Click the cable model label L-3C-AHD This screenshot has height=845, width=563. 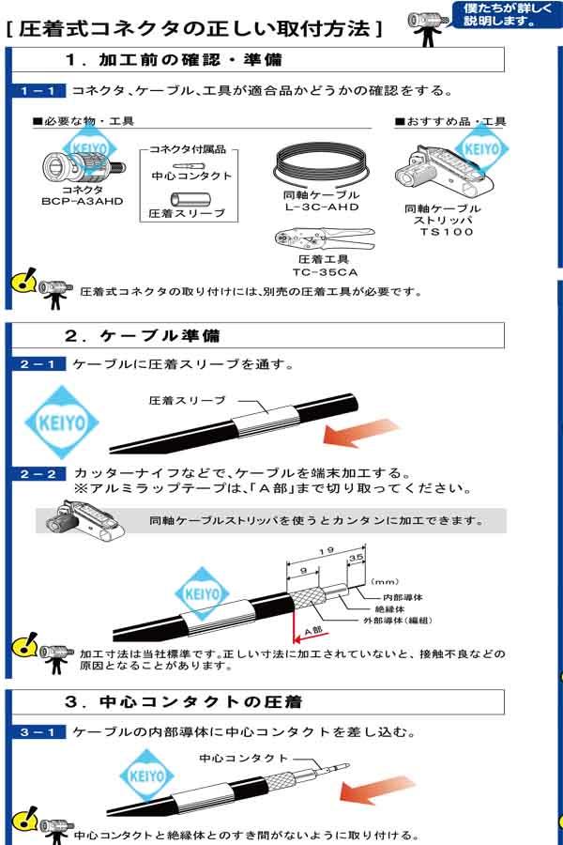[x=321, y=207]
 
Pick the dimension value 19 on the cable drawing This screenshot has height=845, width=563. [x=325, y=553]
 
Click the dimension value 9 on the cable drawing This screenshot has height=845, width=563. [x=305, y=569]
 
